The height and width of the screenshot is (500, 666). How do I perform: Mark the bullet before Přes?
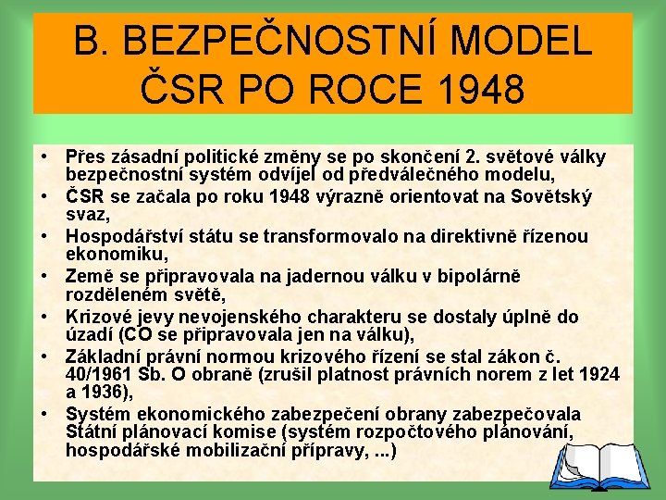[x=44, y=156]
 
